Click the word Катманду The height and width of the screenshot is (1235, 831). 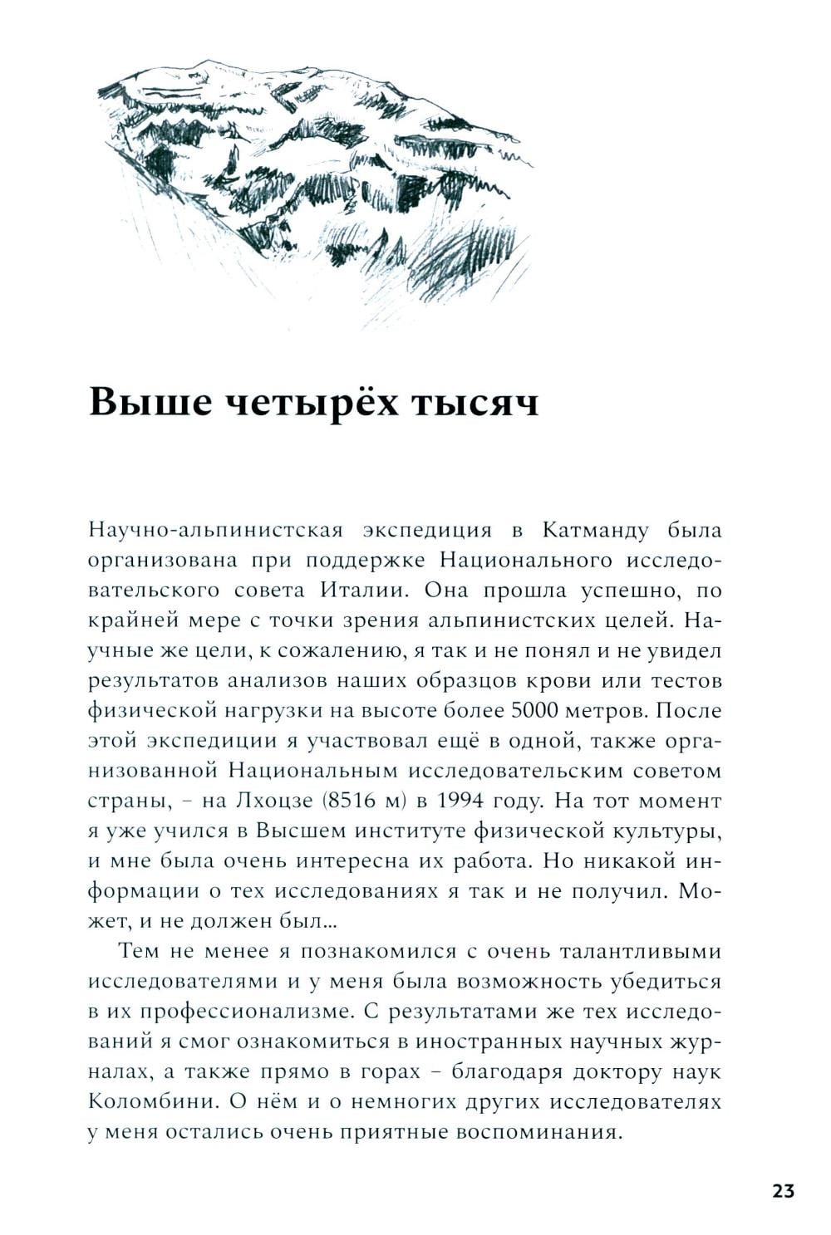click(592, 530)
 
